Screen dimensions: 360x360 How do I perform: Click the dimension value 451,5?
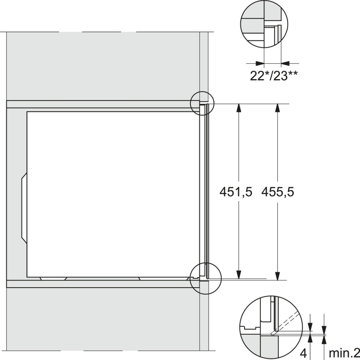pos(236,192)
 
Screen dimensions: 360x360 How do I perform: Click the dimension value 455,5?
pos(278,192)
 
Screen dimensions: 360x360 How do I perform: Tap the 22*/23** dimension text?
pos(274,76)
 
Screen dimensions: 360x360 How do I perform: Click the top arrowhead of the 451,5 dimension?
pos(239,108)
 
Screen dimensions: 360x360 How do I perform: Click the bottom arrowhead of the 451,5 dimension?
pos(239,275)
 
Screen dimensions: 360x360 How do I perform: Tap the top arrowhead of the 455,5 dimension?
pos(277,108)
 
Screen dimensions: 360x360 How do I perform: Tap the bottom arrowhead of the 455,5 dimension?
pos(277,276)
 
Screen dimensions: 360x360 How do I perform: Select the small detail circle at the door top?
pos(203,103)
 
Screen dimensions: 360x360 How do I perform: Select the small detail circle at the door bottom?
pos(202,277)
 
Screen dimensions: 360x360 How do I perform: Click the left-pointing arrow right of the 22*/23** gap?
pos(286,63)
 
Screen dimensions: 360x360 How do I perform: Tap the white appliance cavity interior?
pos(112,192)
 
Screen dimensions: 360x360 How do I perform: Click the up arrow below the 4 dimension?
pos(310,339)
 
